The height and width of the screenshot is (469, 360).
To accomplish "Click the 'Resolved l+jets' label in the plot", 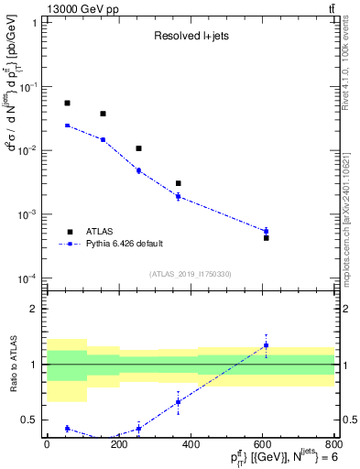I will (190, 36).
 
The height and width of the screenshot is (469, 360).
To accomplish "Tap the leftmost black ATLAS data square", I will (67, 103).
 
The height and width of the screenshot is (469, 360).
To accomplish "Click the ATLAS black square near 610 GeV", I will (266, 237).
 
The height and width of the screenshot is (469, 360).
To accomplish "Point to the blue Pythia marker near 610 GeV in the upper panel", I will (266, 231).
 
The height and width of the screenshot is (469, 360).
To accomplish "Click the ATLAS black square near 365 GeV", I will (178, 183).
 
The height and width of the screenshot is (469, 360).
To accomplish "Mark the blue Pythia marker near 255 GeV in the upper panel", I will (138, 170).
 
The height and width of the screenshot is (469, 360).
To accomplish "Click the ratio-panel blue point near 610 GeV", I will (266, 345).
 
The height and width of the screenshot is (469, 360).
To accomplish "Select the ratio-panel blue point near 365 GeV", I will (178, 402).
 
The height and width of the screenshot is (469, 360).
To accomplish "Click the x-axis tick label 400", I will (191, 443).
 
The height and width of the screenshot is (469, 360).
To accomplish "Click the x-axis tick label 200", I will (118, 443).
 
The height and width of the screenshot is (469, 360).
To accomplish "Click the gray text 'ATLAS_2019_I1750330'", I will (190, 274).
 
